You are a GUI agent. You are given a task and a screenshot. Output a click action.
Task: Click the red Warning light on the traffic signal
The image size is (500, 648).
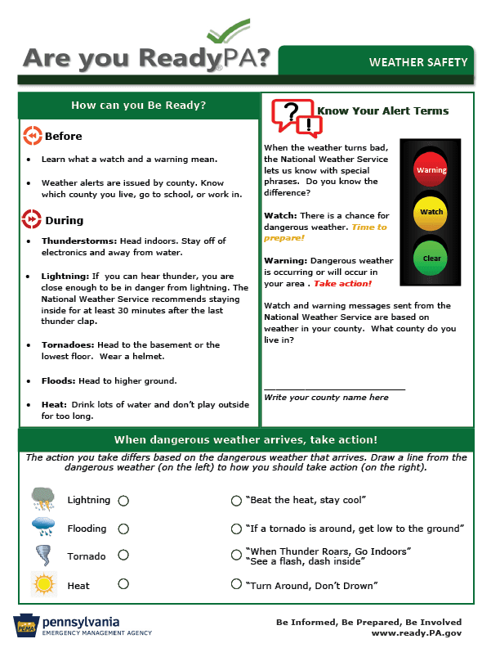click(431, 169)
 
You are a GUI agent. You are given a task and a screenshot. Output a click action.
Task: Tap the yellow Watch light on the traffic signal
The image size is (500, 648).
click(431, 212)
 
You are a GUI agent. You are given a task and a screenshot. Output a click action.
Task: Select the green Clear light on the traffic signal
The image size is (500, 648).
click(431, 258)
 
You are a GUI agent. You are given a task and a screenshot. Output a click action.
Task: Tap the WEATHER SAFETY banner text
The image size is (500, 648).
click(418, 62)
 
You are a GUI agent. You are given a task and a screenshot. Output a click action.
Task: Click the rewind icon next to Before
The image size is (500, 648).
click(32, 136)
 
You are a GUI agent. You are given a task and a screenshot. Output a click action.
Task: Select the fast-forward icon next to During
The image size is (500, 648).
click(32, 219)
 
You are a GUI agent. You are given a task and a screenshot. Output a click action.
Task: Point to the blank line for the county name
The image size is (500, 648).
click(334, 389)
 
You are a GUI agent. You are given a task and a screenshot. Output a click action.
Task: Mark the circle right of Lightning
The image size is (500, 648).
click(123, 500)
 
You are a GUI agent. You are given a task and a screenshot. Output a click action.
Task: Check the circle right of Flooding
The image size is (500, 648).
click(123, 529)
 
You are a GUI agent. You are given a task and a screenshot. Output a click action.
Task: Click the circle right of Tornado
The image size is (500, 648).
click(123, 556)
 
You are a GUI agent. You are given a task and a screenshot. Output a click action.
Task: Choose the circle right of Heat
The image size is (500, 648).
click(123, 584)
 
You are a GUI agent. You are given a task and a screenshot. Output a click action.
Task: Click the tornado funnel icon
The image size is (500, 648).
click(42, 556)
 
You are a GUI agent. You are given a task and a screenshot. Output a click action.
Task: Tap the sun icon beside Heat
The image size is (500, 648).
click(42, 584)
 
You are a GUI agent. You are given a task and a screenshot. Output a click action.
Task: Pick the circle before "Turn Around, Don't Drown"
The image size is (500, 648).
click(237, 584)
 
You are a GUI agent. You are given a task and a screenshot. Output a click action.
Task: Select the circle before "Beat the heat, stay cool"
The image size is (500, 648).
click(237, 500)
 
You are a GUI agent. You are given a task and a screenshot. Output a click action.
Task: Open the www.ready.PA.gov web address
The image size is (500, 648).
click(416, 632)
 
